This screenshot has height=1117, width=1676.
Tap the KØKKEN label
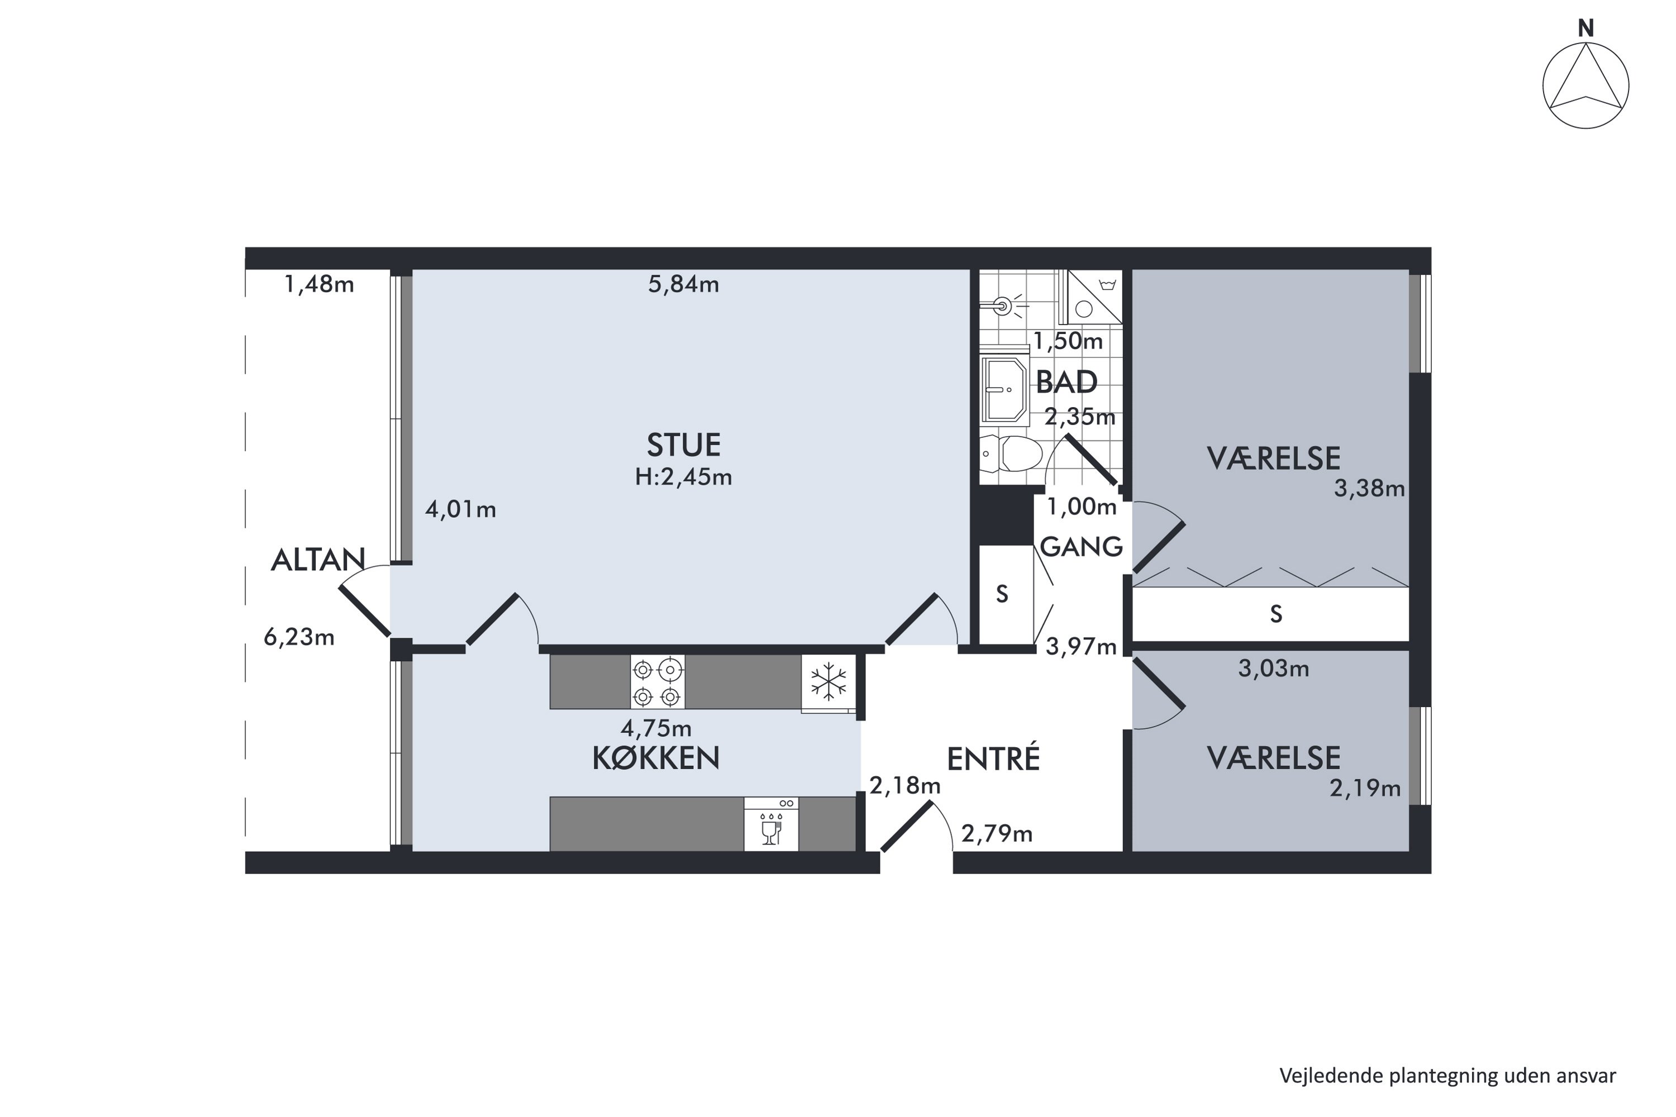click(655, 758)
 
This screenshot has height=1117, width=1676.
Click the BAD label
click(1066, 383)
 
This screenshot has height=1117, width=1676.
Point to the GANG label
click(1081, 547)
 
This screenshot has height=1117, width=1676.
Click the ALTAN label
click(318, 561)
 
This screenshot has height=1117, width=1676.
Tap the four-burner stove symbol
click(657, 682)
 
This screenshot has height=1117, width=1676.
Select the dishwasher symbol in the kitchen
click(771, 825)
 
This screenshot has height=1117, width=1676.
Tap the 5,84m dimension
click(683, 285)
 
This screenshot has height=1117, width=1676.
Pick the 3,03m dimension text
click(1273, 669)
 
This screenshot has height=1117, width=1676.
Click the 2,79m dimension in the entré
click(996, 833)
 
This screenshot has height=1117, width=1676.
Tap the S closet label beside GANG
click(1002, 594)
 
